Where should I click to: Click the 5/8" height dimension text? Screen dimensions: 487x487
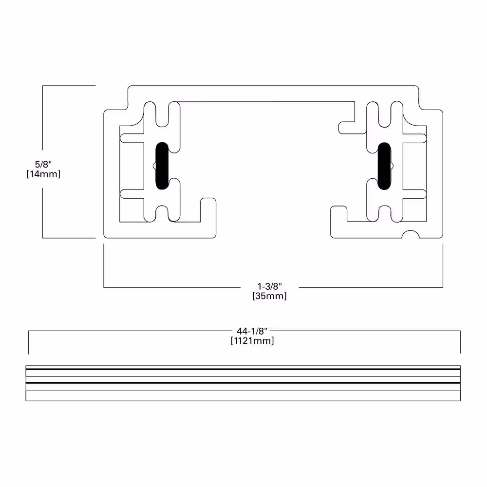(x=43, y=164)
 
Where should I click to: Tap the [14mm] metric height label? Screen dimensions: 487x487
(x=43, y=174)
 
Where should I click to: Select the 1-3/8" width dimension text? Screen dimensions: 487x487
(x=270, y=286)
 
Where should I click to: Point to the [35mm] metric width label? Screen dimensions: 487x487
(x=270, y=296)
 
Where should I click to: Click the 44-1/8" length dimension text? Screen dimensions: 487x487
(x=252, y=331)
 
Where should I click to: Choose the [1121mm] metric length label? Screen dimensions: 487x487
(x=252, y=341)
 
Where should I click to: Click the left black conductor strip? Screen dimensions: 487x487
(x=162, y=166)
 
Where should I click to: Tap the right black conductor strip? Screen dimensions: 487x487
(x=384, y=166)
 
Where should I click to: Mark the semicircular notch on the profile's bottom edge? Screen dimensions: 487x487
(x=411, y=234)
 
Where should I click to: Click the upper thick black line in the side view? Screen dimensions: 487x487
(x=243, y=369)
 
